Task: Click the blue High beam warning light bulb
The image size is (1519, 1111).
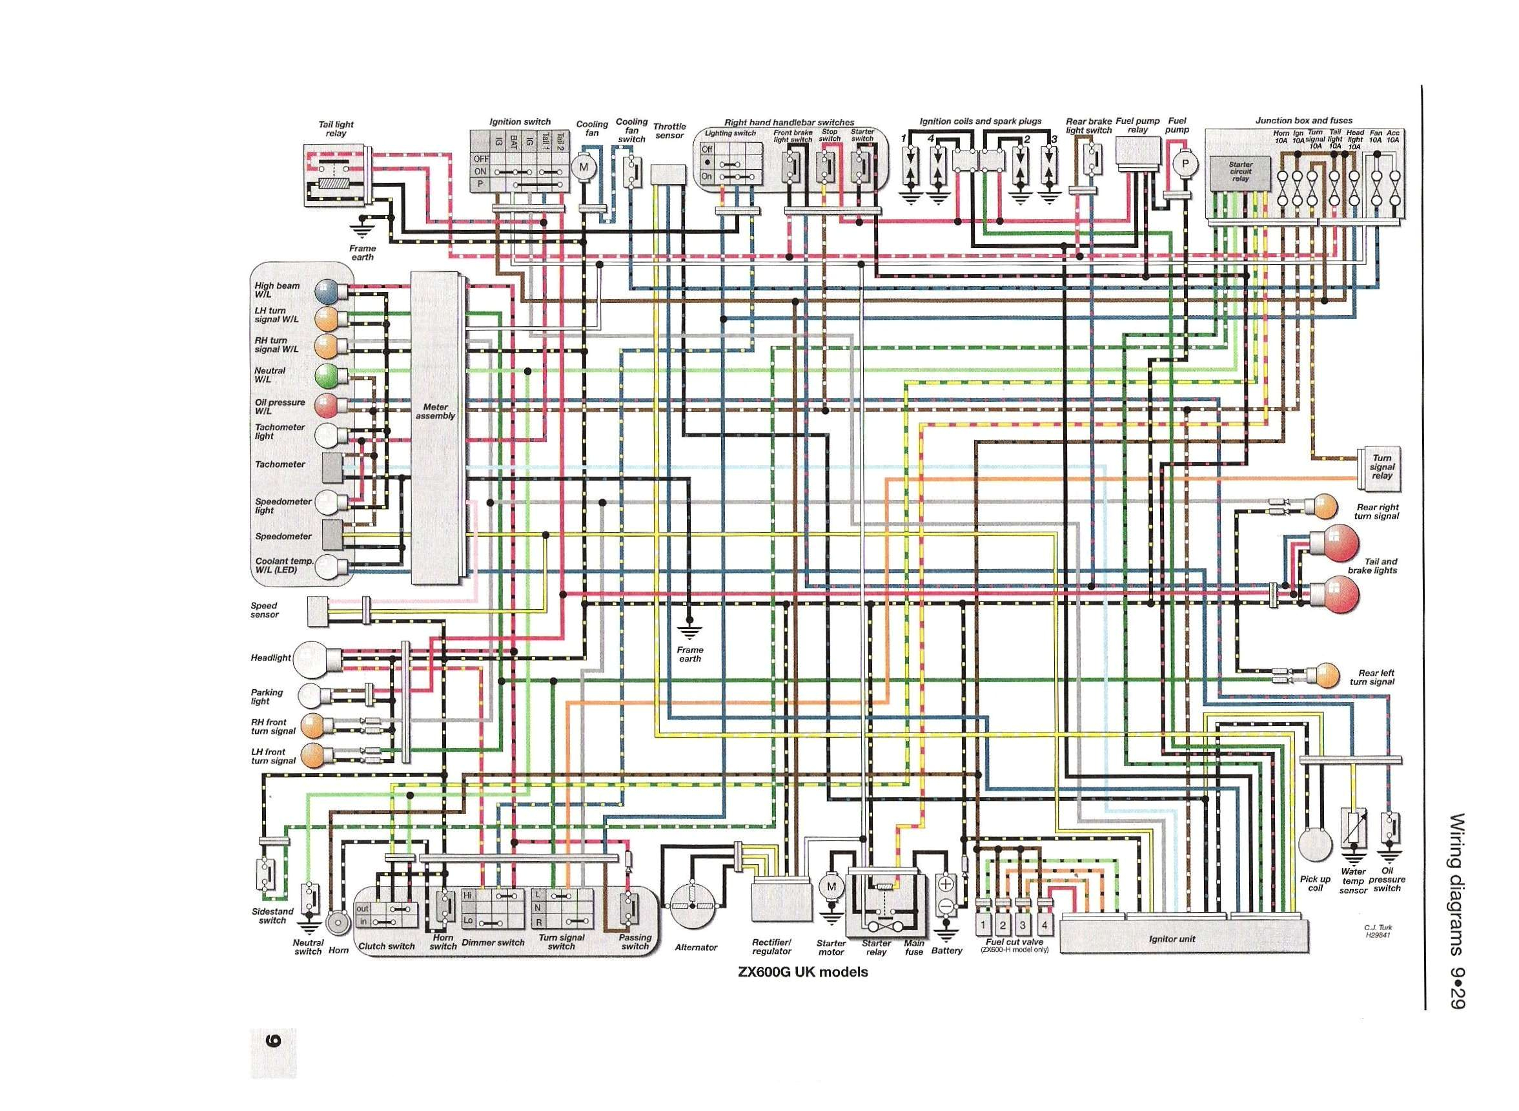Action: (325, 291)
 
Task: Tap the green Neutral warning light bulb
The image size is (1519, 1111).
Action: (325, 375)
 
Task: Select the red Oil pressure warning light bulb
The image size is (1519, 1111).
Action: (325, 406)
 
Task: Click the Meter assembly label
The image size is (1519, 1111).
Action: (435, 411)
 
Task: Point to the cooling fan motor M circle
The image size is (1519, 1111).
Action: (583, 167)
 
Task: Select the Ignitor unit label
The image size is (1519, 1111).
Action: (1172, 939)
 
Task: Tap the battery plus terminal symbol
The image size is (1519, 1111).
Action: (946, 883)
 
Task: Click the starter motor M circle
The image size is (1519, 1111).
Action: (831, 886)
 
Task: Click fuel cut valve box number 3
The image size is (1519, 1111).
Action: (1023, 925)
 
